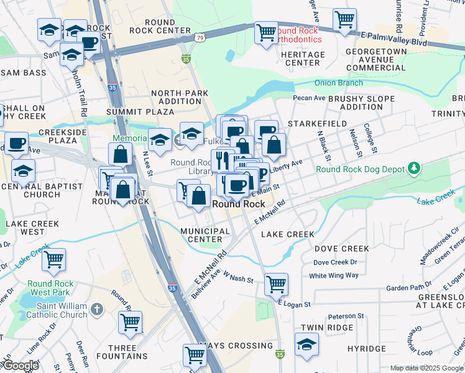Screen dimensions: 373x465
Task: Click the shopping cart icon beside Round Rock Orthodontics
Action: tap(266, 32)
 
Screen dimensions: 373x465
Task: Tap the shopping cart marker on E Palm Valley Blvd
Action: tap(344, 19)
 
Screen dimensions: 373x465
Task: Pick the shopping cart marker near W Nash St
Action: tap(276, 285)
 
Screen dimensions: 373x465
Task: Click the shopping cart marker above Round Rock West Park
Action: tap(53, 259)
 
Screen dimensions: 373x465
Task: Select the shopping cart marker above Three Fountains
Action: tap(131, 321)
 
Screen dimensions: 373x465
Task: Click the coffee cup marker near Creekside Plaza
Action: tap(16, 143)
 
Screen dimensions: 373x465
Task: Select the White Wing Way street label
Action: tap(334, 275)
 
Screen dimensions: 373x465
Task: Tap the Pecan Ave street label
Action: tap(310, 98)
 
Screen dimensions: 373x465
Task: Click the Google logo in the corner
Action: tap(20, 366)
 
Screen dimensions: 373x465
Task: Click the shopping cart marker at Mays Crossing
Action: tap(194, 355)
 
